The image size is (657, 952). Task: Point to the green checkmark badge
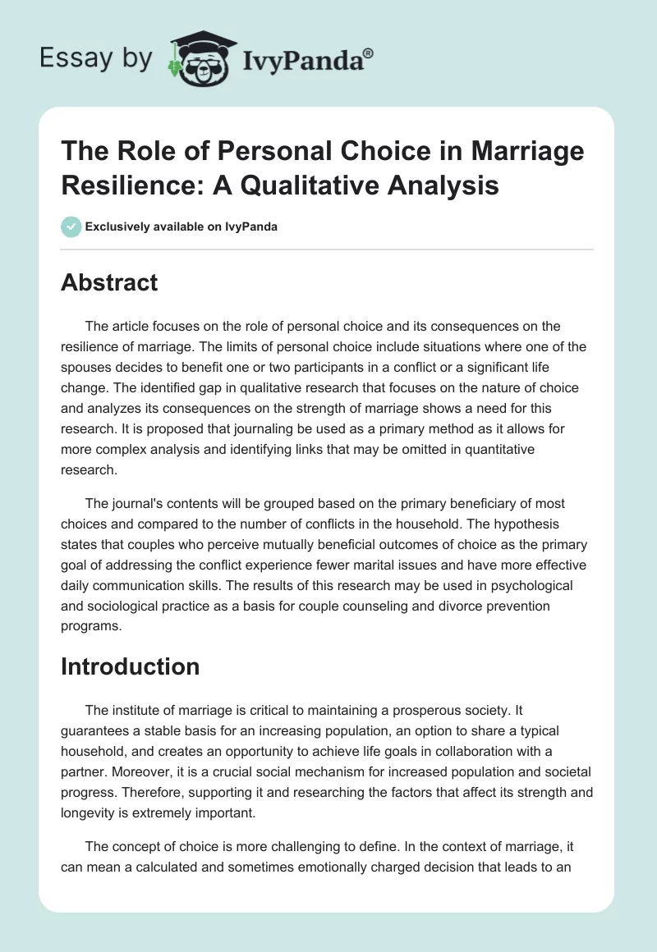[x=71, y=227]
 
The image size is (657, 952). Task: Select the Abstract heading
[x=109, y=282]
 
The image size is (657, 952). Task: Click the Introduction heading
[x=130, y=667]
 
